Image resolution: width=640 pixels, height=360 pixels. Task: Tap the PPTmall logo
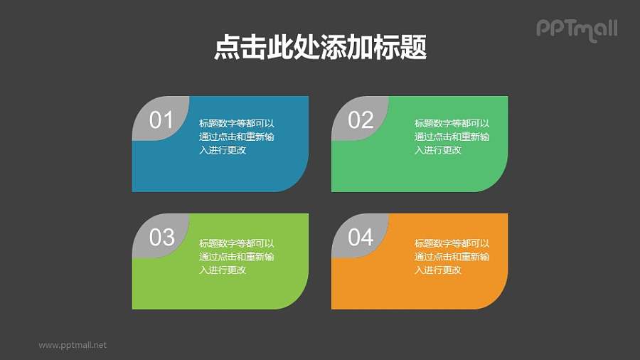coord(576,29)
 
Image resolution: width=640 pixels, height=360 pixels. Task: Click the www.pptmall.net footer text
coord(73,345)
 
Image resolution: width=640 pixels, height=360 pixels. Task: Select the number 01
coord(161,120)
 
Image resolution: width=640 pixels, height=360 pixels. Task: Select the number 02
coord(361,120)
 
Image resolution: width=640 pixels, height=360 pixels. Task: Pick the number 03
coord(161,237)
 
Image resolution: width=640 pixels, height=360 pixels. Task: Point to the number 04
coord(361,237)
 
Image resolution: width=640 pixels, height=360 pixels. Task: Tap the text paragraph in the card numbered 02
coord(452,137)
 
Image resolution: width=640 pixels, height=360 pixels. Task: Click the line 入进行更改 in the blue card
coord(223,150)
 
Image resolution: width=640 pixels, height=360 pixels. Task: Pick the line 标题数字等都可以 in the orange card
coord(452,243)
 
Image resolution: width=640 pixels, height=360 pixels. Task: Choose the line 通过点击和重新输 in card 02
coord(452,137)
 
